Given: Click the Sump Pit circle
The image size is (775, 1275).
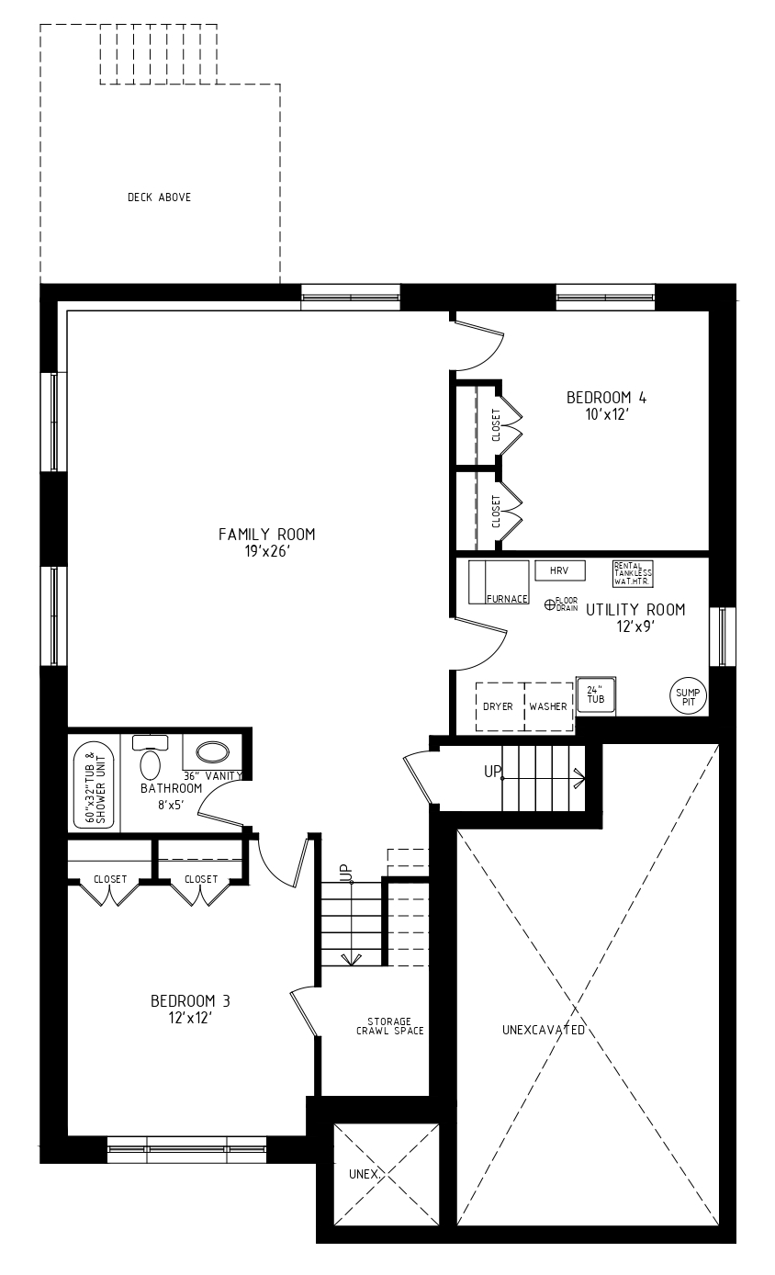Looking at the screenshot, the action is coord(688,696).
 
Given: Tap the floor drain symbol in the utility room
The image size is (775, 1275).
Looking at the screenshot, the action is coord(550,604).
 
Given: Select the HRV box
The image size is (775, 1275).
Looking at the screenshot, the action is coord(560,570).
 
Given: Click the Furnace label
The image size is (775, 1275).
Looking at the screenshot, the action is coord(507,599).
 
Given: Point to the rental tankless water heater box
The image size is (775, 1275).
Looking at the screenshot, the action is coord(633,574).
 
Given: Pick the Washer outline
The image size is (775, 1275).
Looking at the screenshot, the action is coord(548,706).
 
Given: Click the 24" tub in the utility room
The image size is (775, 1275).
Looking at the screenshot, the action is coord(596,696).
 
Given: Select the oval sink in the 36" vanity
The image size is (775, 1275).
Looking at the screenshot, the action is coord(213,752).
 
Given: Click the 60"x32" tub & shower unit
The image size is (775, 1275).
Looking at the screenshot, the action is coord(95,784).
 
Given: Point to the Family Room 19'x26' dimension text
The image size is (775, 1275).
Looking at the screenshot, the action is coord(267,551).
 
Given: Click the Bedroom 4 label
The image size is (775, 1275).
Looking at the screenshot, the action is coord(607,398).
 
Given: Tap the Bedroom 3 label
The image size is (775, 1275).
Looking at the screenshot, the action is coord(191,1000).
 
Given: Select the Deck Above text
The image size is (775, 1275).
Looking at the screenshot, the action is coord(160,197).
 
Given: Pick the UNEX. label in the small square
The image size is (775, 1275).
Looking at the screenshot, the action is coord(364,1174).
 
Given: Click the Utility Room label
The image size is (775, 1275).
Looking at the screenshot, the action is coord(635,610).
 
